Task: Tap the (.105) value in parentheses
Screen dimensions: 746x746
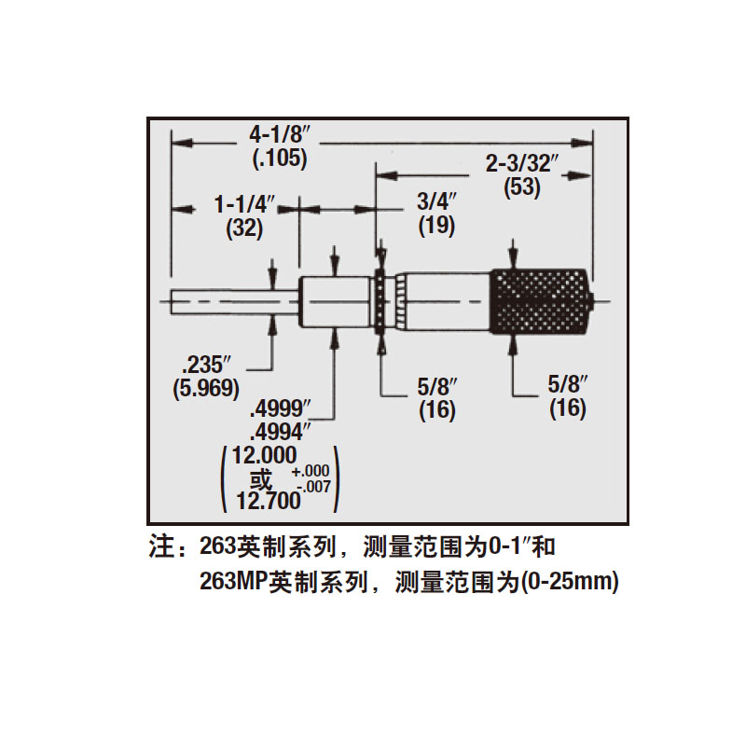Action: click(x=280, y=159)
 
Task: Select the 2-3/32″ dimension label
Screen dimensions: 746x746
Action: click(x=521, y=164)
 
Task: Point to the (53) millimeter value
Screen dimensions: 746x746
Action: click(x=522, y=187)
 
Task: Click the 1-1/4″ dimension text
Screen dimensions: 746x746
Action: click(x=244, y=205)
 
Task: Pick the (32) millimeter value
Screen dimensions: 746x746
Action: click(x=244, y=228)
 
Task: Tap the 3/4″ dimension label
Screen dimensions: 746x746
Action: click(x=436, y=202)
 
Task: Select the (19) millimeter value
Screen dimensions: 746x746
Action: click(x=436, y=226)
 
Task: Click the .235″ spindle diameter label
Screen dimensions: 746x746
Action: click(x=205, y=366)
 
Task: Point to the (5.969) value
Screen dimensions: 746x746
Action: click(x=205, y=389)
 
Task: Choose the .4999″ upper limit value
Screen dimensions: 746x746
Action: click(x=281, y=409)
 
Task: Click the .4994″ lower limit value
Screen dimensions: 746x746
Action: click(x=281, y=433)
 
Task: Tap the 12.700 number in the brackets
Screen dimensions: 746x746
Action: click(x=269, y=501)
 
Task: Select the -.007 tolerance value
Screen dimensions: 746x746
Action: click(x=313, y=487)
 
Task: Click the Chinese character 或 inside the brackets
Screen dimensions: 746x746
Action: click(x=261, y=478)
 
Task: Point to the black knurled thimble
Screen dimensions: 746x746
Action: click(x=542, y=301)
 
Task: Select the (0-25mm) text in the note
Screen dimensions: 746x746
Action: click(x=570, y=581)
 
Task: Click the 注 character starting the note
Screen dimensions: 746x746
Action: click(x=161, y=546)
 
